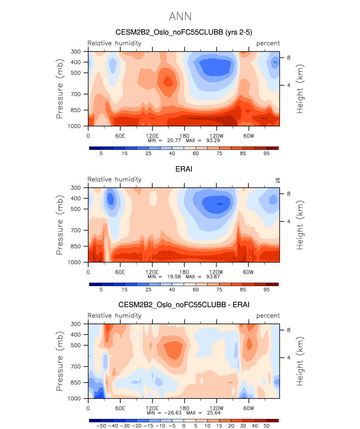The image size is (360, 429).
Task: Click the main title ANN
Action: [180, 17]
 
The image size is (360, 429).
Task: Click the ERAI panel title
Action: [184, 169]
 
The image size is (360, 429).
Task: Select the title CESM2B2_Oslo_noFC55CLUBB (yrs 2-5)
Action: [184, 32]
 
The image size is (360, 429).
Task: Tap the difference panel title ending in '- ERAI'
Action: [184, 305]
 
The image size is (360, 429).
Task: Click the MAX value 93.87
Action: [213, 277]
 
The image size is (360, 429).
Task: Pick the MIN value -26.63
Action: [173, 413]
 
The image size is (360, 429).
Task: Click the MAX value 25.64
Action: [213, 413]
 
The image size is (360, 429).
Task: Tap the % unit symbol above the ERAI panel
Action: [278, 180]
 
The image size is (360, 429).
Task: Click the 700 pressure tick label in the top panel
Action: [76, 94]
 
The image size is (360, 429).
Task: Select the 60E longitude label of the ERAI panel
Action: [120, 272]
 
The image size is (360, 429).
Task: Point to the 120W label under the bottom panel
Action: [216, 408]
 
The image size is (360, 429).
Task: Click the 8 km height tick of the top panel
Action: [289, 58]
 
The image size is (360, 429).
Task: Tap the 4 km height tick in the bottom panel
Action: [289, 358]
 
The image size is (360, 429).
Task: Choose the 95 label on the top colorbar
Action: [266, 153]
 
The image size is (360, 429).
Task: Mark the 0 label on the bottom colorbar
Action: [184, 426]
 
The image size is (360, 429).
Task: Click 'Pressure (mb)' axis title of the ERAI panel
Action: [60, 225]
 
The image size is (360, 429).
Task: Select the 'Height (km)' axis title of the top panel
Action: [300, 89]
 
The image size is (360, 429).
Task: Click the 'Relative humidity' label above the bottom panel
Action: [114, 316]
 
